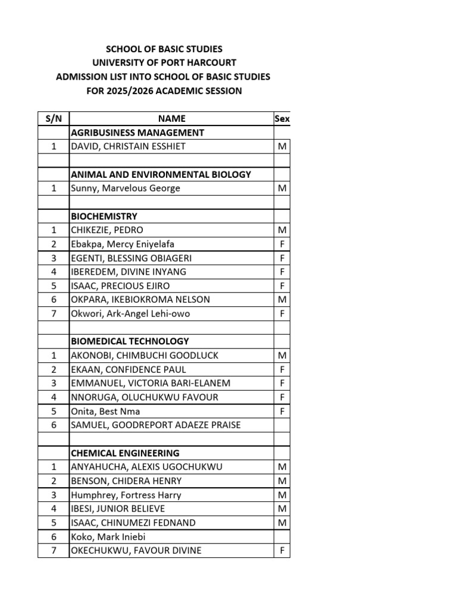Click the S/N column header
click(54, 119)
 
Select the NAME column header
click(171, 119)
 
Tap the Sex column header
click(282, 119)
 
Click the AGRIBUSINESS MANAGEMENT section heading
click(137, 133)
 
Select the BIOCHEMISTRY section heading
click(104, 216)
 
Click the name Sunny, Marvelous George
click(126, 189)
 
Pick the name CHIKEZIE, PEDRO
click(107, 230)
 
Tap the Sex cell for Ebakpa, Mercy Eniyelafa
click(282, 244)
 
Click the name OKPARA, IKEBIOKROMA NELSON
click(140, 300)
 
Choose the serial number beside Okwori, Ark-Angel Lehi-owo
click(54, 313)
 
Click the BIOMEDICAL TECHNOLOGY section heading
click(130, 341)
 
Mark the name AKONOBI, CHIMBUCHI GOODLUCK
click(145, 356)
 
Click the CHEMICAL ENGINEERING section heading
click(125, 453)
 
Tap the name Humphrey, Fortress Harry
click(126, 495)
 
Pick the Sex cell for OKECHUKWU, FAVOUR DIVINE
click(282, 551)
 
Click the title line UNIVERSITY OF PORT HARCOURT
click(164, 62)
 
